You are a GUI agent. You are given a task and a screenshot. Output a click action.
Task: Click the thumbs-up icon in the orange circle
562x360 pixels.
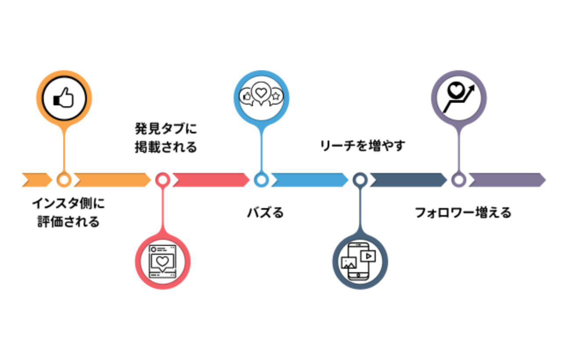point(64,97)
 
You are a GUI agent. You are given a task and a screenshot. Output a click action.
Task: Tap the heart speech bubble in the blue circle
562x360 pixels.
point(261,94)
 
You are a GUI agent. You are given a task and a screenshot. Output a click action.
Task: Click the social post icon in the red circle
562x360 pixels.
point(162,262)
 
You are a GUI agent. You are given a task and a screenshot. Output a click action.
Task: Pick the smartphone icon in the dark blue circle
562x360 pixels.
point(359,261)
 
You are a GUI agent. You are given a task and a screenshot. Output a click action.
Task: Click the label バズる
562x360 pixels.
point(266,213)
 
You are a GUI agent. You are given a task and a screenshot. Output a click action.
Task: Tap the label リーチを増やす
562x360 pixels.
point(362,146)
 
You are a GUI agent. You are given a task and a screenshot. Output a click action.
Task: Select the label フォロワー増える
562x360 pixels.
point(463,213)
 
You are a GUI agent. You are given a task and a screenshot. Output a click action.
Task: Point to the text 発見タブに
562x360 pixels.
point(166,129)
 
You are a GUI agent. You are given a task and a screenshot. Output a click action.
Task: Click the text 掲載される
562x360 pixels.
point(166,147)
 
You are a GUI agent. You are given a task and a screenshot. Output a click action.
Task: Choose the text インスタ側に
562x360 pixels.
point(68,203)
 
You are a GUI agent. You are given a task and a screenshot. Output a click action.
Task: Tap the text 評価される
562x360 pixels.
point(68,222)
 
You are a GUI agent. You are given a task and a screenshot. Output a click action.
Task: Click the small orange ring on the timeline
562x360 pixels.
point(64,180)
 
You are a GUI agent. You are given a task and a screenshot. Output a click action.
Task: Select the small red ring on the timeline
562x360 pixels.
point(162,180)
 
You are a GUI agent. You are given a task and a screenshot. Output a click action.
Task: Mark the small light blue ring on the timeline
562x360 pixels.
point(261,180)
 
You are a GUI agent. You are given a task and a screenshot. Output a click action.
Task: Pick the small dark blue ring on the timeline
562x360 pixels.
point(360,180)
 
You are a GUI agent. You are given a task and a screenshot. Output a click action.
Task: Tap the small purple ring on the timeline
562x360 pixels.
point(459,180)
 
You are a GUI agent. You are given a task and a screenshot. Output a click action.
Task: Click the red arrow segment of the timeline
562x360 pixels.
point(211,180)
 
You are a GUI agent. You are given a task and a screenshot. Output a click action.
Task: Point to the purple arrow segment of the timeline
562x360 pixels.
point(507,180)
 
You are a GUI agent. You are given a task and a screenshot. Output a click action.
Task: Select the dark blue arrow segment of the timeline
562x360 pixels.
point(408,180)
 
